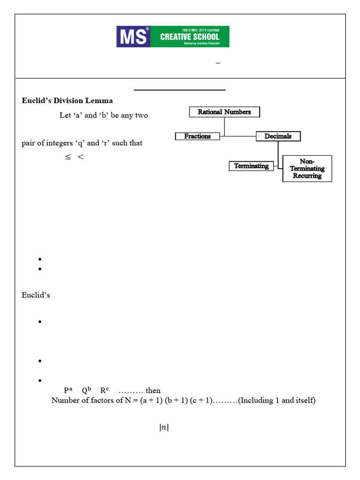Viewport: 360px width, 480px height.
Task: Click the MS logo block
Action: click(x=133, y=37)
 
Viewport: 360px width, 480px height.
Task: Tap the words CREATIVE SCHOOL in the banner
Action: click(x=189, y=37)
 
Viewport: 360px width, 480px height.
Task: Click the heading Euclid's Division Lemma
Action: click(x=67, y=101)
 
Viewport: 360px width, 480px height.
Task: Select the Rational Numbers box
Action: click(x=224, y=112)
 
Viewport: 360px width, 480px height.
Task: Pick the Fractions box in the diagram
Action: click(x=197, y=136)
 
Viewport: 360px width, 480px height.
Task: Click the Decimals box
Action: click(x=278, y=136)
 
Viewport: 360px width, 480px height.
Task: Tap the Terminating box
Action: click(x=251, y=166)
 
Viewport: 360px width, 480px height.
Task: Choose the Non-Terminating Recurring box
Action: click(x=307, y=169)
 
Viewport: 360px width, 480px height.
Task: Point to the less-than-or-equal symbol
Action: click(x=68, y=157)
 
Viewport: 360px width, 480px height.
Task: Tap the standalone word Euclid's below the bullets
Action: click(x=36, y=295)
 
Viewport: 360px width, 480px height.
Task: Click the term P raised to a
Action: click(x=68, y=390)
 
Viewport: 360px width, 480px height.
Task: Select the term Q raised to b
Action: click(x=86, y=390)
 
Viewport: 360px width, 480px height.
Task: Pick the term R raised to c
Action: click(x=105, y=390)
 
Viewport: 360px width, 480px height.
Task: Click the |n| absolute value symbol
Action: click(x=164, y=427)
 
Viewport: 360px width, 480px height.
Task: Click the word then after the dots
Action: click(x=153, y=390)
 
